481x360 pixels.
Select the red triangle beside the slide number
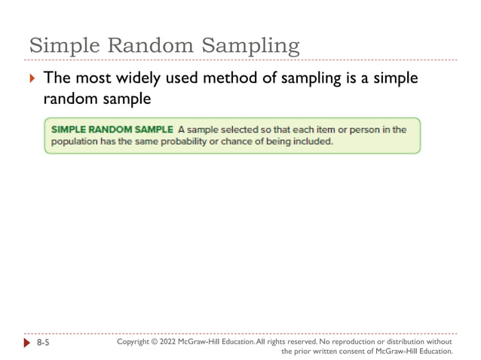pos(29,343)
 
